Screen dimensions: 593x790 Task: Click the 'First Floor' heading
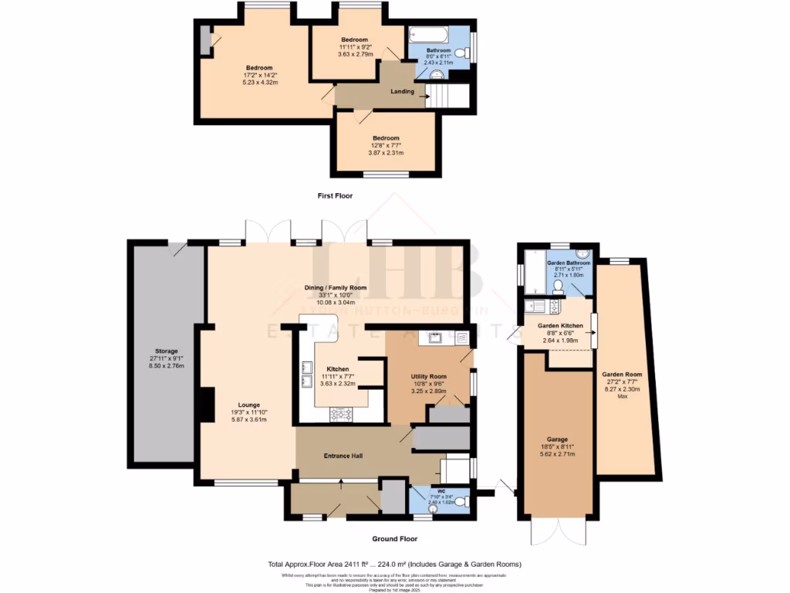click(x=335, y=196)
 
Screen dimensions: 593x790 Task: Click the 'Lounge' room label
click(x=248, y=405)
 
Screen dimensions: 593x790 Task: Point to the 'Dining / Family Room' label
click(x=335, y=287)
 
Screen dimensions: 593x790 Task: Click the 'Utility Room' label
click(x=429, y=376)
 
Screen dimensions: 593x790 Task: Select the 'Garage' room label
click(x=559, y=439)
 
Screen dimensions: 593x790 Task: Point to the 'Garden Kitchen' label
click(x=559, y=326)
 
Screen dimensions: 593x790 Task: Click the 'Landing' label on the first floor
click(x=402, y=91)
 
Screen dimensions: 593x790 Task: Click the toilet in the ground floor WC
click(x=461, y=502)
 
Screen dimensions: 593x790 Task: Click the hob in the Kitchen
click(x=341, y=414)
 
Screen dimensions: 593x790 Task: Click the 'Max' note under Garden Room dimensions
click(x=623, y=397)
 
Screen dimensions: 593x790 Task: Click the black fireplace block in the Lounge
click(x=207, y=405)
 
